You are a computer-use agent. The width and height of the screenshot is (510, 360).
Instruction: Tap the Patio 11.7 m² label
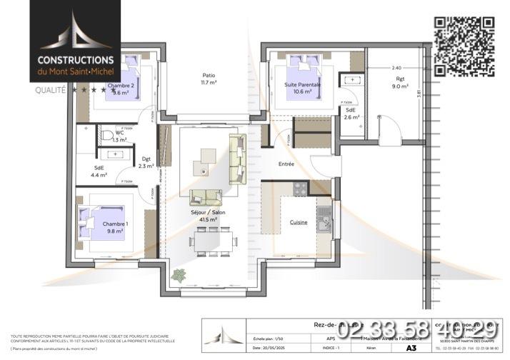[x=208, y=79]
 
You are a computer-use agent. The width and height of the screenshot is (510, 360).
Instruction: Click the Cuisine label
[x=299, y=222]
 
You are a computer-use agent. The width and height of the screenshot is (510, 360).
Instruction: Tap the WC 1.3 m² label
[x=119, y=136]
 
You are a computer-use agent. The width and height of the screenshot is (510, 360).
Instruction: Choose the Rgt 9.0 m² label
[x=400, y=83]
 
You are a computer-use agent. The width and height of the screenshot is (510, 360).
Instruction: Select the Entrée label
[x=286, y=164]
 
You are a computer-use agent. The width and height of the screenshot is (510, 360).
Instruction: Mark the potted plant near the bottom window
[x=178, y=275]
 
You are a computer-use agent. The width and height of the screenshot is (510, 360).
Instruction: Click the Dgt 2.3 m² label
[x=146, y=163]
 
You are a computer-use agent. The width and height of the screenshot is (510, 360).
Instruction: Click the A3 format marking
[x=411, y=348]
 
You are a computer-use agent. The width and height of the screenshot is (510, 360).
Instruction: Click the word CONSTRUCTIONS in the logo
[x=76, y=61]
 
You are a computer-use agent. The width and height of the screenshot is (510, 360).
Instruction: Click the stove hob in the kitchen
[x=300, y=189]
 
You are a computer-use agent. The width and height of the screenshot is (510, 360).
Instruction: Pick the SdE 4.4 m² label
[x=99, y=172]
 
